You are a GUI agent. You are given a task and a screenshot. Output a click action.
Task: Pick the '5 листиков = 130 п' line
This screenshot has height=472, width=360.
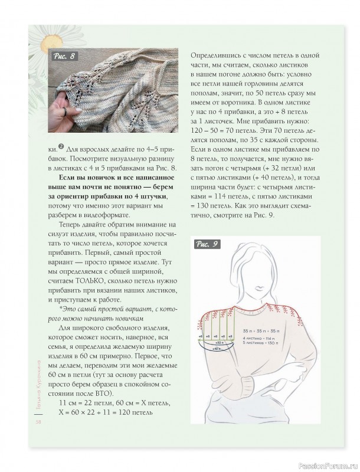261,342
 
